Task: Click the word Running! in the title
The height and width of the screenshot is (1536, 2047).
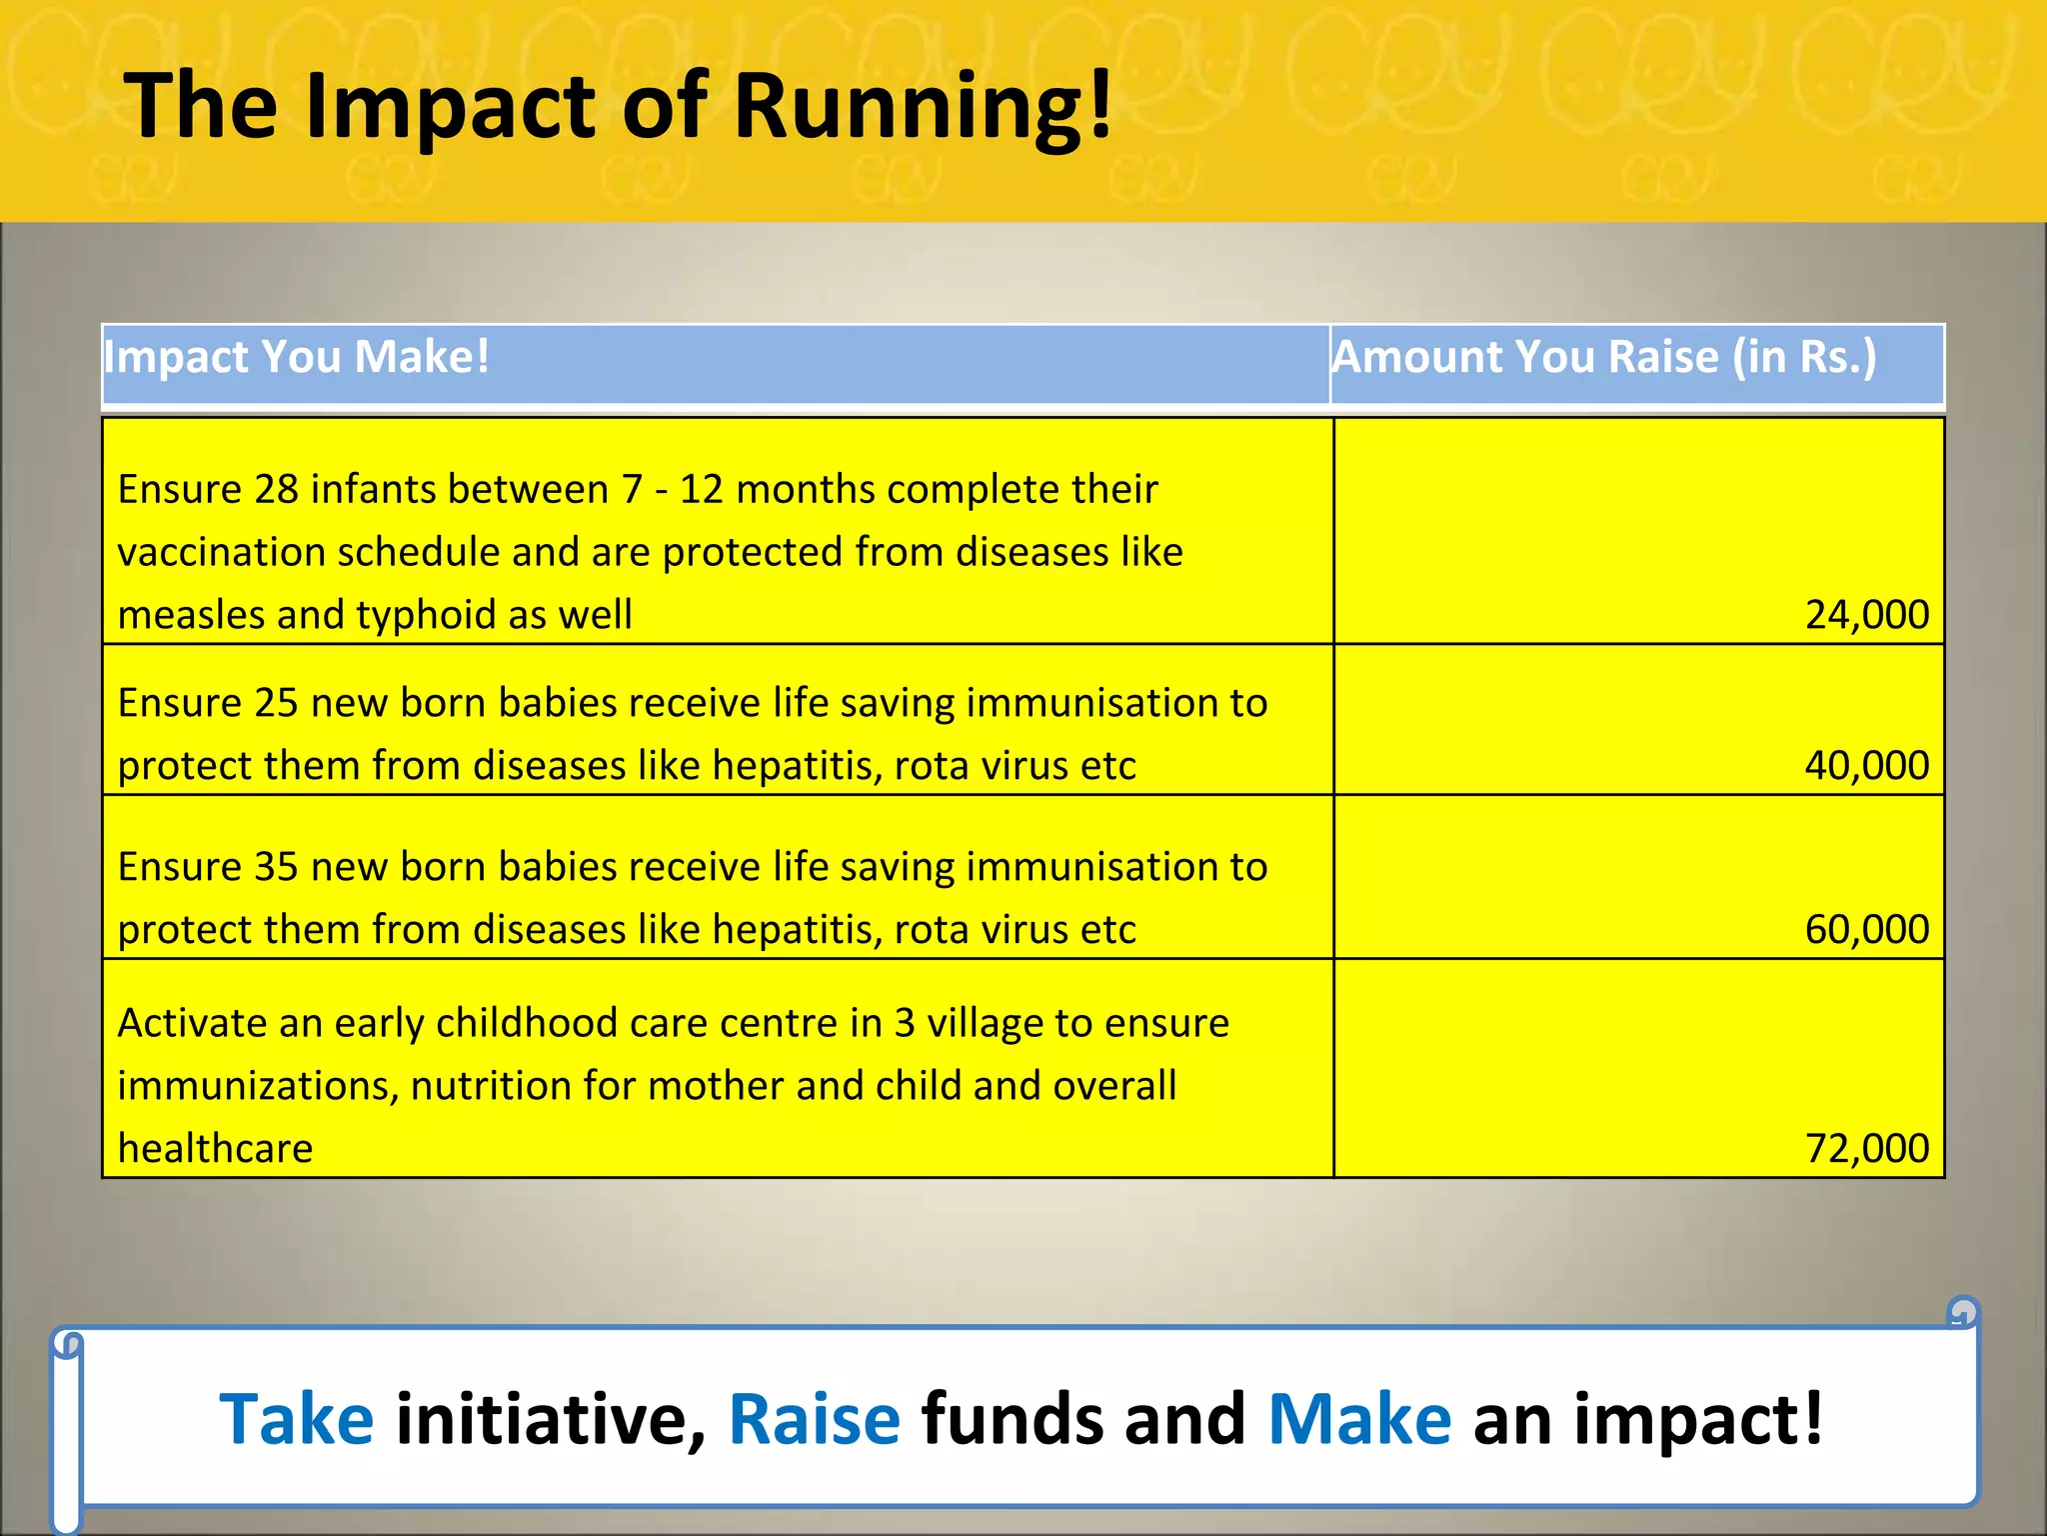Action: click(x=922, y=108)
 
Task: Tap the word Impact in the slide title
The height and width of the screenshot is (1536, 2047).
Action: click(x=450, y=108)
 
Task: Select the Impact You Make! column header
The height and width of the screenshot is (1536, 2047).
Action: click(x=297, y=357)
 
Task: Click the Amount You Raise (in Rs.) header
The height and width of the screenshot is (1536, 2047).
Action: click(x=1604, y=357)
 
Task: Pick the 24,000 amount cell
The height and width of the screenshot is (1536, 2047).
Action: click(x=1866, y=614)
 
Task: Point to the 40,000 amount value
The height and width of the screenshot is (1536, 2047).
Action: click(x=1866, y=765)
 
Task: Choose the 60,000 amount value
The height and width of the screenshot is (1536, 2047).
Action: click(x=1866, y=929)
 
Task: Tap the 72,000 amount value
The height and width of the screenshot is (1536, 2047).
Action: click(x=1866, y=1148)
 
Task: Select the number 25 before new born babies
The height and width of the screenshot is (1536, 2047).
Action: click(x=277, y=703)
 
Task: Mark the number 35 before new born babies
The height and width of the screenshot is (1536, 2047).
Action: click(x=277, y=867)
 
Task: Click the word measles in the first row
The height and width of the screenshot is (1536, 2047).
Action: click(x=190, y=615)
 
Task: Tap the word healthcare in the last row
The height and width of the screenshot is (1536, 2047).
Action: click(x=215, y=1148)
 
